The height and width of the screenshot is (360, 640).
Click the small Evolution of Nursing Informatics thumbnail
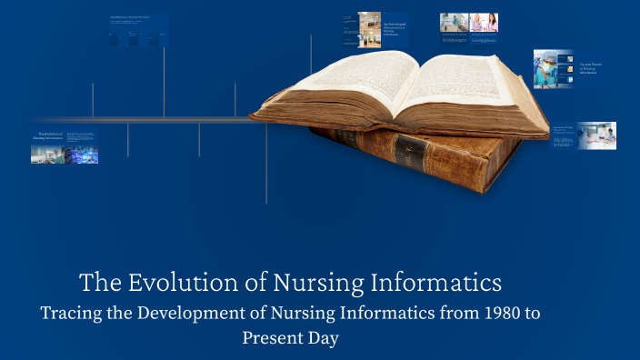tap(65, 147)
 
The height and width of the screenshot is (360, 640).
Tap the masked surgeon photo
tap(553, 69)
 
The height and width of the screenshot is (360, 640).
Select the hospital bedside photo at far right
tap(597, 135)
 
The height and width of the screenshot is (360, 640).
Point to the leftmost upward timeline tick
tap(93, 100)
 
